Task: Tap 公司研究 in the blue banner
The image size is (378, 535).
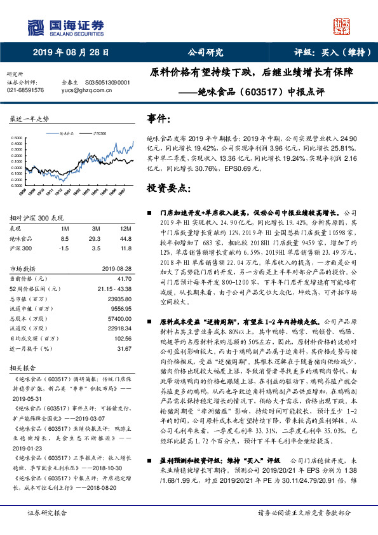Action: coord(206,53)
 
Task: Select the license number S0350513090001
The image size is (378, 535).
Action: coord(107,83)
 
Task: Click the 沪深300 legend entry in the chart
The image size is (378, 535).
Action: coord(102,134)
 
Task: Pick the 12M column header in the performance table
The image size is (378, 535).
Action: coord(125,229)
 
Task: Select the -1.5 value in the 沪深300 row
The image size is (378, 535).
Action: coord(64,248)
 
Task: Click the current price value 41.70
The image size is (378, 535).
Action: coord(124,278)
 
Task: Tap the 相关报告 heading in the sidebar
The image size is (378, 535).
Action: coord(21,368)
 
